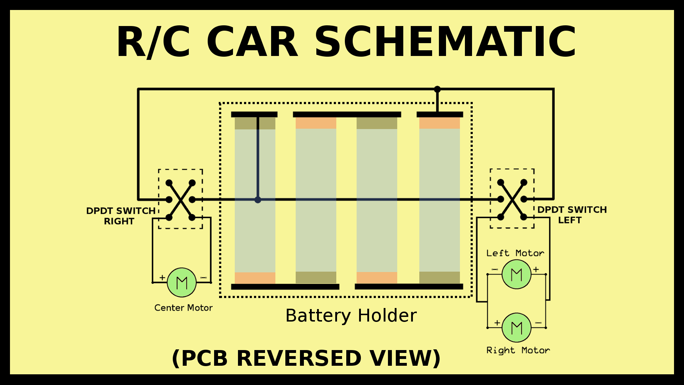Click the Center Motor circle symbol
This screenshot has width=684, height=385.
[x=182, y=282]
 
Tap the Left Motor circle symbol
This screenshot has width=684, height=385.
[x=516, y=274]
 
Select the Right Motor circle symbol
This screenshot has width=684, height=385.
[x=516, y=327]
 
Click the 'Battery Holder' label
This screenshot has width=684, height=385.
[x=351, y=315]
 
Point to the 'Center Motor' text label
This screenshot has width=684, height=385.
[x=183, y=308]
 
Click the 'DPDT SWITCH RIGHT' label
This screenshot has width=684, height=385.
[x=120, y=216]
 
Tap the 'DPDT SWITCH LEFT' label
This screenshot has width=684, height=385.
[x=571, y=215]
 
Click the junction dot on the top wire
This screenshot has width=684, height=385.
[x=437, y=89]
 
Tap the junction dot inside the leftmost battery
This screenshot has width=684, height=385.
[x=258, y=200]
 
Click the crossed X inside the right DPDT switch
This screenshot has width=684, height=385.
[x=181, y=200]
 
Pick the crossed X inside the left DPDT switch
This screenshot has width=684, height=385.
[x=512, y=199]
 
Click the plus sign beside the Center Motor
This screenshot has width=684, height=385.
[x=162, y=277]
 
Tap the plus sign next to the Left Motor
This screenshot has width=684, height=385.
[x=536, y=269]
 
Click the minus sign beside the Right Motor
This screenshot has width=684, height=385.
[x=538, y=323]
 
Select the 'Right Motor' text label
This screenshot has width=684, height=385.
[x=518, y=350]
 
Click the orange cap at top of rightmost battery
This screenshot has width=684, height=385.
[x=439, y=123]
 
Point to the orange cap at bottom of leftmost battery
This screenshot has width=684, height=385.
[x=255, y=278]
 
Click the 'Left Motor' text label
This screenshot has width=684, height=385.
[x=515, y=253]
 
